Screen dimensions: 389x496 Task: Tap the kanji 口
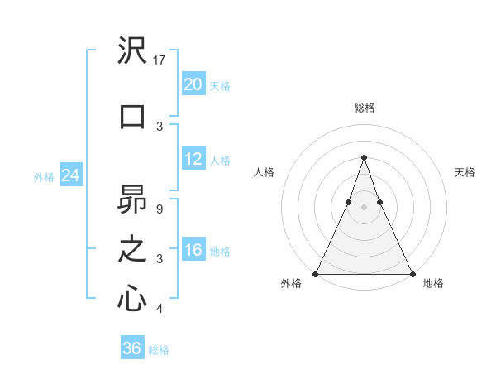[x=133, y=116]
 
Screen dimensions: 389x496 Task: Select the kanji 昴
[x=133, y=199]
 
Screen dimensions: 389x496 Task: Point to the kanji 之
[x=133, y=248]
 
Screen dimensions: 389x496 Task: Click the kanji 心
[x=133, y=298]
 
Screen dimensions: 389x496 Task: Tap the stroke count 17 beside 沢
[x=160, y=60]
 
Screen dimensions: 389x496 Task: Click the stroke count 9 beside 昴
[x=159, y=209]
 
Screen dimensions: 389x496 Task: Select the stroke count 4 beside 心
[x=159, y=309]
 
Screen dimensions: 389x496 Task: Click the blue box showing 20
[x=193, y=84]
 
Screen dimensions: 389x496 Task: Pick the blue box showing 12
[x=193, y=159]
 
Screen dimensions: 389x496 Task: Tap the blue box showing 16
[x=193, y=250]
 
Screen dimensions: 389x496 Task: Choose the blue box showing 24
[x=71, y=175]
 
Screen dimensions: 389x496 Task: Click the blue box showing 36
[x=132, y=348]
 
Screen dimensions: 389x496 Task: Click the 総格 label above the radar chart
[x=364, y=108]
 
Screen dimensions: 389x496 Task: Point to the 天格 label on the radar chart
[x=465, y=172]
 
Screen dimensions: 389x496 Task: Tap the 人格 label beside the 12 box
[x=220, y=160]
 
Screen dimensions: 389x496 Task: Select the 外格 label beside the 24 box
[x=43, y=176]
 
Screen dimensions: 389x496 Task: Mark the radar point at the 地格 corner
[x=412, y=273]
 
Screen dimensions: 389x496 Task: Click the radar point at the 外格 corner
[x=316, y=273]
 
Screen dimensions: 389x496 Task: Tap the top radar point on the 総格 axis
[x=364, y=157]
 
